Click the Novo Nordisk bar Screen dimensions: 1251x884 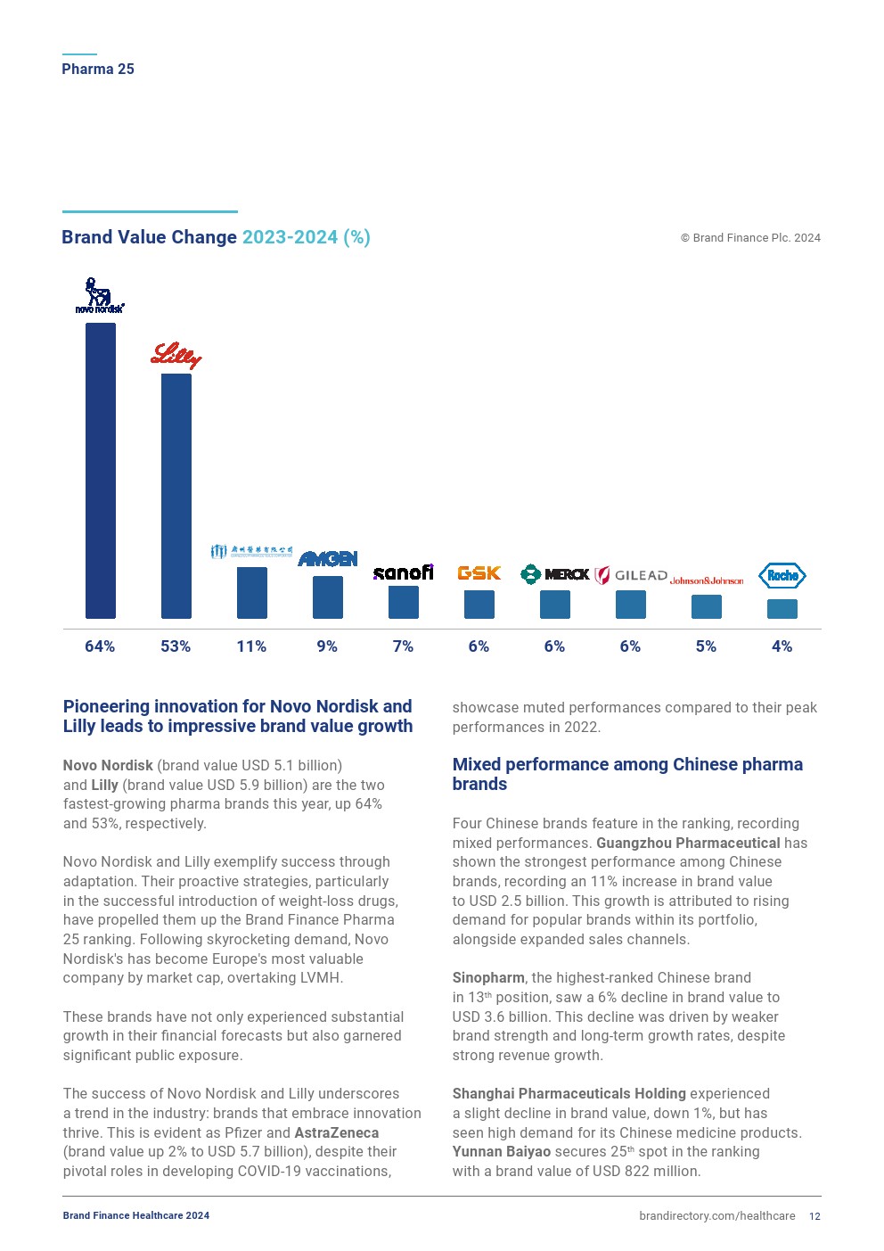(101, 470)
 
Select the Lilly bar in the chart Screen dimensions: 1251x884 (176, 496)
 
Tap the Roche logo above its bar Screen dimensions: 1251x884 (782, 576)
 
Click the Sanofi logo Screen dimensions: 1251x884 (403, 572)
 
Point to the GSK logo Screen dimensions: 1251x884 (479, 573)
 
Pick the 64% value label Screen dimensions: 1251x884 (100, 646)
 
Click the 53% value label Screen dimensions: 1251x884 (176, 646)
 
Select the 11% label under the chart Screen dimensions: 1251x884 (251, 646)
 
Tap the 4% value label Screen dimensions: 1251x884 (782, 646)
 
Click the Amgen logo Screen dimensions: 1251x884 (327, 559)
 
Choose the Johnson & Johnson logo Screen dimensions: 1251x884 (706, 580)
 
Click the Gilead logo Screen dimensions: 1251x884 (631, 575)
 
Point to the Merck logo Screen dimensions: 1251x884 (554, 574)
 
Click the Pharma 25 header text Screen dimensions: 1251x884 (98, 69)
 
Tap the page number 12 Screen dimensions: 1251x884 (814, 1216)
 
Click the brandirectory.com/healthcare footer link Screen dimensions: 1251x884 (716, 1216)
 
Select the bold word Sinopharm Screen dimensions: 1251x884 (488, 978)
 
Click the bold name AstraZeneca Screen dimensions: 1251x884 (336, 1132)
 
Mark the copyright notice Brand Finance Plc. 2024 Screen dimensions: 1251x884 (750, 238)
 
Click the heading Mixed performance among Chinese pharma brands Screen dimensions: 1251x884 (627, 774)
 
